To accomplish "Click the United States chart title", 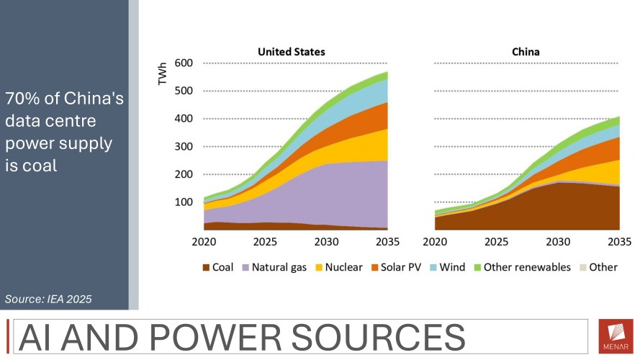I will pos(291,52).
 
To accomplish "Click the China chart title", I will pos(526,52).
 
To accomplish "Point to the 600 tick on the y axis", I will pos(184,63).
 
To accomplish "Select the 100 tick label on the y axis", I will pos(184,202).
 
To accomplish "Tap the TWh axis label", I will pos(163,74).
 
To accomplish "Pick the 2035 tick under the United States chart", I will pos(387,242).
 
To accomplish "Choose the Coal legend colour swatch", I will pos(205,268).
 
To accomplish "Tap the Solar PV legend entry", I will pos(398,267).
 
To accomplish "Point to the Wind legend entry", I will pos(451,267).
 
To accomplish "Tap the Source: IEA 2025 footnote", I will pos(48,298).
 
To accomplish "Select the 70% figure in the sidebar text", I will pos(22,99).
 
